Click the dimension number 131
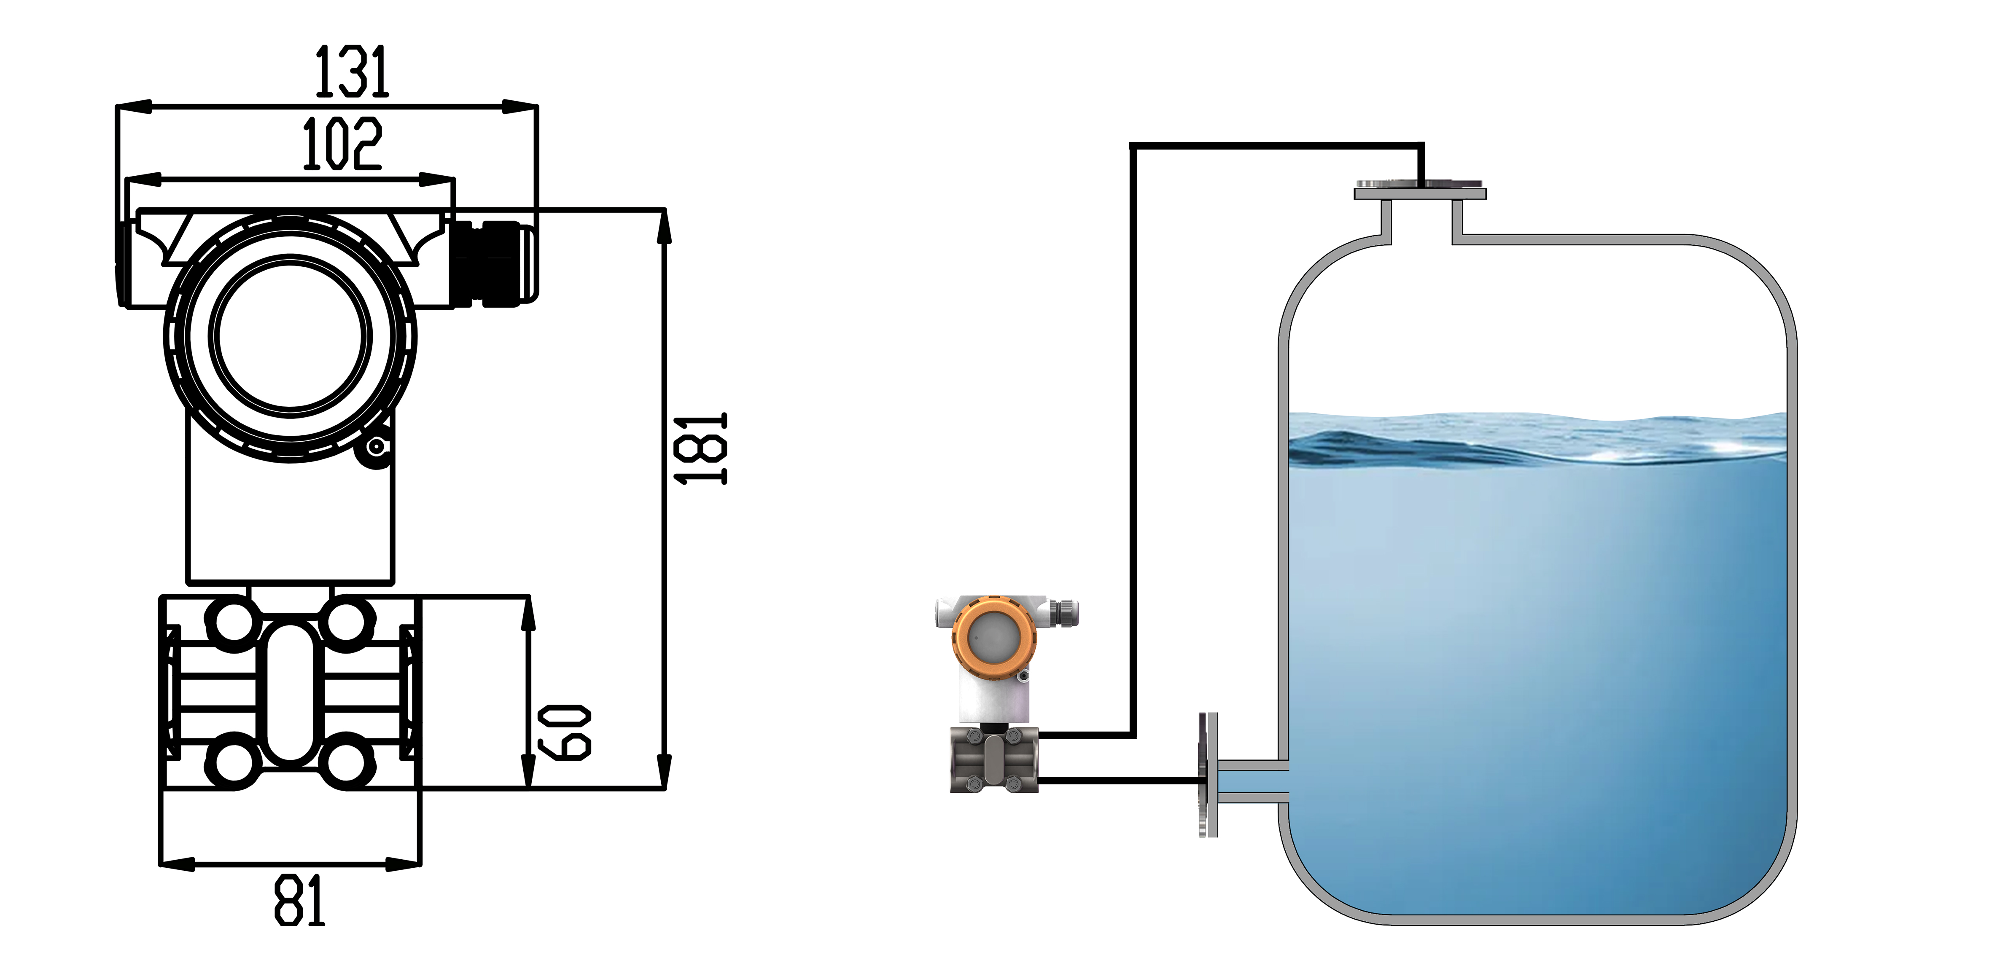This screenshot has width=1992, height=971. (352, 72)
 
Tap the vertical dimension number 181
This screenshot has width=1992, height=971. (700, 448)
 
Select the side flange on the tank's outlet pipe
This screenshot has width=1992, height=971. (1208, 775)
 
